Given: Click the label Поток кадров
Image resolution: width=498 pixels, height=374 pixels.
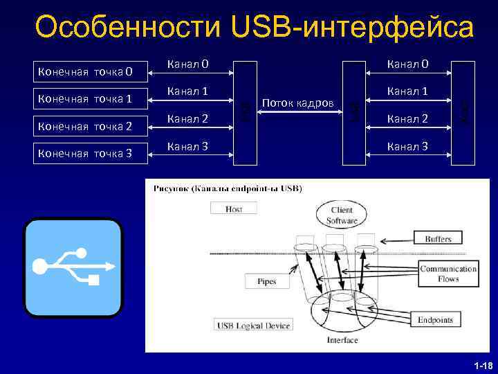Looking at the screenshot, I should (298, 103).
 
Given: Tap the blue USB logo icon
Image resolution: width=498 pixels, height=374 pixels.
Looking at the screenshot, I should (73, 267).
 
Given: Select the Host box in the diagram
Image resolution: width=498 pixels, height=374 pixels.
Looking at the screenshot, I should (234, 208).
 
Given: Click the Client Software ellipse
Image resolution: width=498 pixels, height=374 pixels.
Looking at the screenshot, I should (341, 215).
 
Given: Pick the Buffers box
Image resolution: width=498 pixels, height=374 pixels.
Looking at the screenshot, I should (438, 239).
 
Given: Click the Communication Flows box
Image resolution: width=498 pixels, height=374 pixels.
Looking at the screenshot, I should (448, 274).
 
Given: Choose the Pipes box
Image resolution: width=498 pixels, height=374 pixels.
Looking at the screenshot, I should (266, 281).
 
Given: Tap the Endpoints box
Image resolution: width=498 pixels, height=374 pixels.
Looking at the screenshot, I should (435, 319).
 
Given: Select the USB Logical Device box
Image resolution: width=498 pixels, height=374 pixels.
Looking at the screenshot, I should (253, 325).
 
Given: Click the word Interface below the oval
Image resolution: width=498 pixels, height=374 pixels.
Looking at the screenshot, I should (342, 340).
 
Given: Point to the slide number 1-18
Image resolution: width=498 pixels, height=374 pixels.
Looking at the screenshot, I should (482, 365).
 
